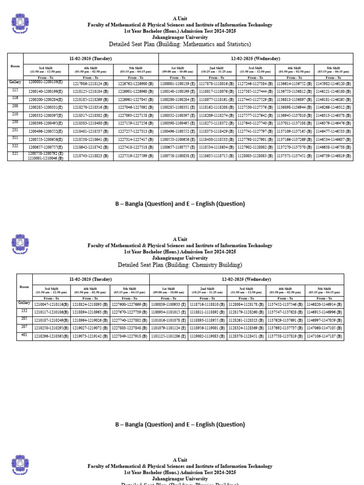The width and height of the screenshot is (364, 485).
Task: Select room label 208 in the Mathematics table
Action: click(15, 107)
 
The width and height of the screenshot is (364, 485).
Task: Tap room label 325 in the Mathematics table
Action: click(15, 154)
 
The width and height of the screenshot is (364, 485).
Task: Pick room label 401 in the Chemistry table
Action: click(24, 335)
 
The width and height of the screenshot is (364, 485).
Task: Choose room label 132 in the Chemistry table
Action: click(24, 311)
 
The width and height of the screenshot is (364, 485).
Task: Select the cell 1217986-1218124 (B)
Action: click(91, 83)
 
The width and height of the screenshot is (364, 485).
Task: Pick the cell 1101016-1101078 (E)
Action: click(168, 320)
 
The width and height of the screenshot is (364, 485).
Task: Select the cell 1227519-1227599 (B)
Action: click(136, 155)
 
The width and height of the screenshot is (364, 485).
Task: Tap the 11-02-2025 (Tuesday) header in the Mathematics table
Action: click(91, 58)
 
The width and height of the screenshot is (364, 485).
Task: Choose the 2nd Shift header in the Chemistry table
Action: click(207, 289)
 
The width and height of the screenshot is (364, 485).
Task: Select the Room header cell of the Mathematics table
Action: click(15, 66)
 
